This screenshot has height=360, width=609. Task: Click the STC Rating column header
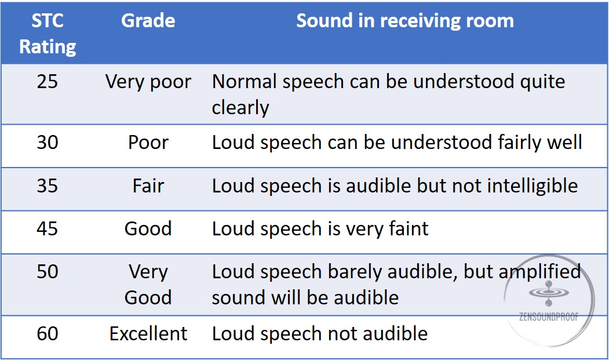(48, 34)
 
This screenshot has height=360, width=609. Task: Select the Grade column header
(148, 21)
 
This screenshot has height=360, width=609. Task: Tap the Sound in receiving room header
(404, 21)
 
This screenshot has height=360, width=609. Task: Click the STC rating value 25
(48, 82)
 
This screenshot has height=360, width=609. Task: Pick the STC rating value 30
(48, 142)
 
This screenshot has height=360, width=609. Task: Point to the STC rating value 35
(48, 186)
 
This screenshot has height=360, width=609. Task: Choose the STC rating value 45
(48, 228)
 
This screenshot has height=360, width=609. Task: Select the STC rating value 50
(48, 271)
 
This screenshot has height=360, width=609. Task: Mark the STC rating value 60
(48, 333)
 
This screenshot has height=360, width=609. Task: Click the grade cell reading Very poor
(148, 82)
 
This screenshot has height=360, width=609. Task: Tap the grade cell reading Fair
(148, 186)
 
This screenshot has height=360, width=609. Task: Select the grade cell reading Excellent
(148, 333)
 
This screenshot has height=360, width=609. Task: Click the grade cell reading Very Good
(148, 285)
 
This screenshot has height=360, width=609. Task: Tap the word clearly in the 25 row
(240, 108)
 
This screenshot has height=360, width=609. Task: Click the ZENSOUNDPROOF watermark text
(549, 317)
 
